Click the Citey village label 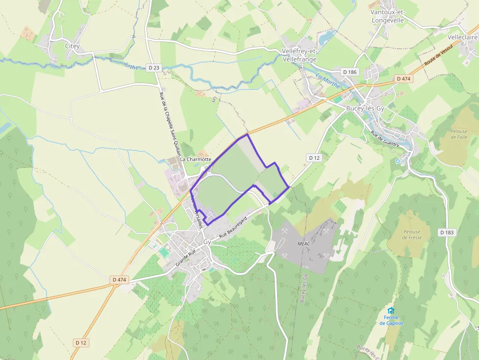click(72, 46)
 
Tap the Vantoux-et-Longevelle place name click(388, 16)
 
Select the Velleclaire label click(463, 37)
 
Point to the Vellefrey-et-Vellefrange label click(300, 55)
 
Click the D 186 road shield click(350, 72)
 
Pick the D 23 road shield click(153, 67)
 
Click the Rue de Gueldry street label click(385, 139)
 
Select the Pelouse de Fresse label click(412, 234)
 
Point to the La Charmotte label click(196, 159)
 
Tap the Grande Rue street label click(185, 258)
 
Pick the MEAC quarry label click(304, 243)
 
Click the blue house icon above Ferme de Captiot click(391, 311)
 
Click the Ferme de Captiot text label click(391, 320)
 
